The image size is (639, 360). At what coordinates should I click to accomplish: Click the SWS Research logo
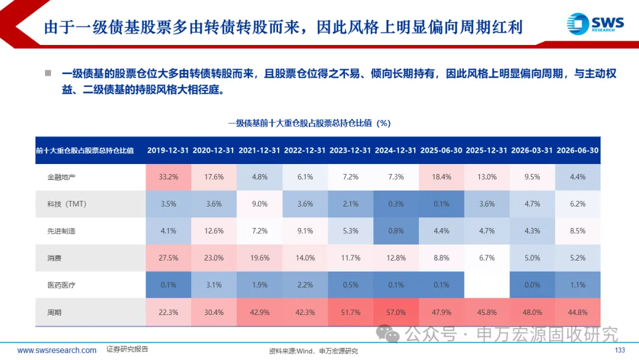(x=595, y=24)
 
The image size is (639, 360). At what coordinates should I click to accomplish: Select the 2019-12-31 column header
(x=168, y=150)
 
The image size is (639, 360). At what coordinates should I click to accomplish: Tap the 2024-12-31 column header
(x=396, y=150)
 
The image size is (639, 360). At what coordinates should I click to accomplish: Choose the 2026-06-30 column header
(x=577, y=150)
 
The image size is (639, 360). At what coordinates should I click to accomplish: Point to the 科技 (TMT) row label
(x=67, y=204)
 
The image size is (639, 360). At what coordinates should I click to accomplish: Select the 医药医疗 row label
(x=61, y=285)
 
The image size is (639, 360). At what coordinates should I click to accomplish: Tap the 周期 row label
(x=54, y=312)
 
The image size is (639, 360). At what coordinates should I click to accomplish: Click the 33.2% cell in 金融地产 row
(x=168, y=177)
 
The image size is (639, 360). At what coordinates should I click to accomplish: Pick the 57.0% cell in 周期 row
(x=396, y=312)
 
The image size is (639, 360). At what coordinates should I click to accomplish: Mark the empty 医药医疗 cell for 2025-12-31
(x=486, y=285)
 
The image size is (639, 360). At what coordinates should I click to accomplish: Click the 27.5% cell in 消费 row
(x=168, y=258)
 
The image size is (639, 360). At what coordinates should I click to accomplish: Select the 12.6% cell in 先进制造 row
(x=214, y=231)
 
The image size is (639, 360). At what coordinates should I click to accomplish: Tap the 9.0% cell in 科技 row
(x=260, y=204)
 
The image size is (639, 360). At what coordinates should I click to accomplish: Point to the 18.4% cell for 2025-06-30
(x=441, y=177)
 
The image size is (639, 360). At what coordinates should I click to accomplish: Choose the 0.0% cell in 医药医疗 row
(x=532, y=285)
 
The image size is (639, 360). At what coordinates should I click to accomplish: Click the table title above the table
(x=309, y=123)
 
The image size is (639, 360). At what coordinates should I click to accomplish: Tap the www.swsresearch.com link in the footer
(x=57, y=350)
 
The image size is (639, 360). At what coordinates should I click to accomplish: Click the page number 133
(x=619, y=350)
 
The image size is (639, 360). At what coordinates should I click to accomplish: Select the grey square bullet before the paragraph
(x=48, y=73)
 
